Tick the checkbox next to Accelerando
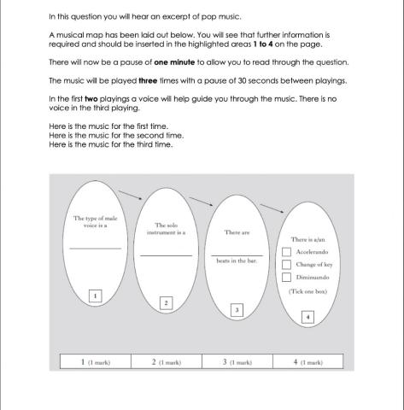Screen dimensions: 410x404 pyautogui.click(x=287, y=253)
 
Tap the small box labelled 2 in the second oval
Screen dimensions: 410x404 pyautogui.click(x=166, y=302)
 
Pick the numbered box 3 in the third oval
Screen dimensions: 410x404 pyautogui.click(x=237, y=309)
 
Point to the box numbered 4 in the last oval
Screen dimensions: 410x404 pyautogui.click(x=307, y=317)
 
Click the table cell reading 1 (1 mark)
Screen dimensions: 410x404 pyautogui.click(x=95, y=361)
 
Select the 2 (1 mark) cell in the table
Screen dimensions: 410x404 pyautogui.click(x=166, y=361)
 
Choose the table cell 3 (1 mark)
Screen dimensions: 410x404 pyautogui.click(x=237, y=361)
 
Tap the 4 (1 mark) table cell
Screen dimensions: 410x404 pyautogui.click(x=307, y=361)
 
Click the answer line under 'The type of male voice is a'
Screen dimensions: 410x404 pyautogui.click(x=96, y=248)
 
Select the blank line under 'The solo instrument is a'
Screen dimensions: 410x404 pyautogui.click(x=166, y=255)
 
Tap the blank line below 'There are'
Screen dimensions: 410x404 pyautogui.click(x=237, y=254)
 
